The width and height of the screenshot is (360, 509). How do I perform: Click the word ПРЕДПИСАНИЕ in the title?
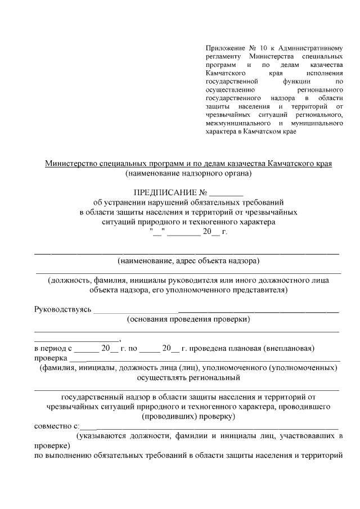click(x=163, y=192)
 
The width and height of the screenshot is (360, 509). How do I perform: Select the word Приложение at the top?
click(x=222, y=49)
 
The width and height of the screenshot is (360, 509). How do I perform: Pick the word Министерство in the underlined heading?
click(x=69, y=164)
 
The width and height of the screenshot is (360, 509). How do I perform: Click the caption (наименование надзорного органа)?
click(x=188, y=173)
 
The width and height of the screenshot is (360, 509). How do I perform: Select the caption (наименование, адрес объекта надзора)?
click(x=188, y=261)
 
